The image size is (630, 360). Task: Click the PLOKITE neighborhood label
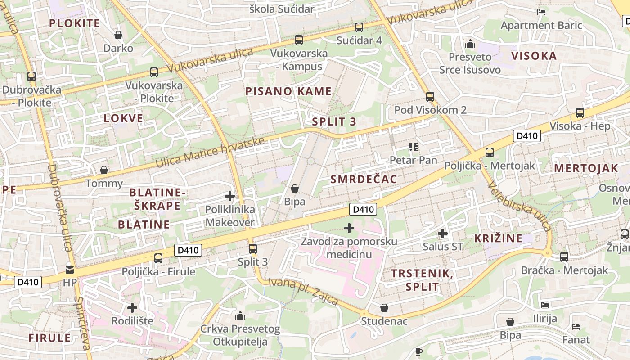pos(74,23)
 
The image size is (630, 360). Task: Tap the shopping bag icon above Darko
pos(118,35)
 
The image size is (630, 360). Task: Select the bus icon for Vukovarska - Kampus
pos(299,40)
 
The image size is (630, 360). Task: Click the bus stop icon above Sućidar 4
pos(359,27)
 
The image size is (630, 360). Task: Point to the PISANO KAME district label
pos(288,91)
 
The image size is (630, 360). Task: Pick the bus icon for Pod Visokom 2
pos(430,97)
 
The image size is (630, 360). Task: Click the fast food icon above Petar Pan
pos(414,147)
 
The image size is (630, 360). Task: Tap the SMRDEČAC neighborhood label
pos(364,180)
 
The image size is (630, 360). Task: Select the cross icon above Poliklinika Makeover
pos(230,196)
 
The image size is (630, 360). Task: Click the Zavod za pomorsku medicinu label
pos(349,248)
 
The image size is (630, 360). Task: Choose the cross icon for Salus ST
pos(443,234)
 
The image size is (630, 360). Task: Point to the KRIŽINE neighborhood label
pos(498,238)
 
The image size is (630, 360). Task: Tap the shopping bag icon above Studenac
pos(384,308)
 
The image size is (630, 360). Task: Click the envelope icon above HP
pos(70,270)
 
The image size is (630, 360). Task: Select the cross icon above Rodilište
pos(132,308)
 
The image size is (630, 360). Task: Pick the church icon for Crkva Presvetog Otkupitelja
pos(240,315)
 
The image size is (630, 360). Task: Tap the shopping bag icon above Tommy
pos(104,170)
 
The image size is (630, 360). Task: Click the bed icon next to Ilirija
pos(545,305)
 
